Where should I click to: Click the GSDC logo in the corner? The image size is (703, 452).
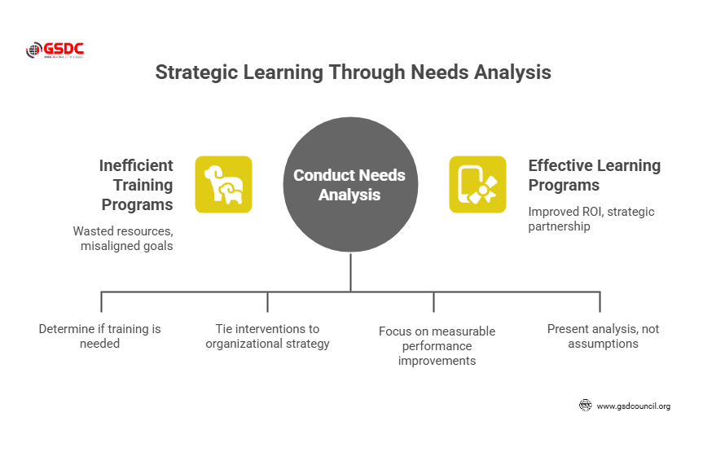click(55, 50)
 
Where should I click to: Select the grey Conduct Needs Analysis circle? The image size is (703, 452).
click(350, 185)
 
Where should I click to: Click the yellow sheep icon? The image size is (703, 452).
click(223, 184)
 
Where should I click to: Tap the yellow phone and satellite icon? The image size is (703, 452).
click(477, 184)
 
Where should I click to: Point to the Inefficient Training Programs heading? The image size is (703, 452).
click(136, 185)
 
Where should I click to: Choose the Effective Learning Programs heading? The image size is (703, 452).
click(594, 175)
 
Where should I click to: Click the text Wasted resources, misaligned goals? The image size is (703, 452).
click(123, 238)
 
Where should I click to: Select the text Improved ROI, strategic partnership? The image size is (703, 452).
click(579, 220)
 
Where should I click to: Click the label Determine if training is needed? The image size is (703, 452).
click(100, 336)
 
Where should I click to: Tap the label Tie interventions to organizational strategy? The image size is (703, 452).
click(267, 336)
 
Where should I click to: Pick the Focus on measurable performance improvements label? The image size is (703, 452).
click(437, 345)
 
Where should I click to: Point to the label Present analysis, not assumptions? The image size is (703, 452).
click(603, 336)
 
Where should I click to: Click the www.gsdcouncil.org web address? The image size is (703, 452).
click(633, 406)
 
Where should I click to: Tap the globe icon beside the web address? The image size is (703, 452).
click(585, 406)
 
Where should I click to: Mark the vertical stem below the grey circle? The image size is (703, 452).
click(350, 272)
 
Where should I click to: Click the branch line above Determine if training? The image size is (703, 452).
click(101, 301)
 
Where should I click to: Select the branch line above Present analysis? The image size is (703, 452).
click(600, 301)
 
